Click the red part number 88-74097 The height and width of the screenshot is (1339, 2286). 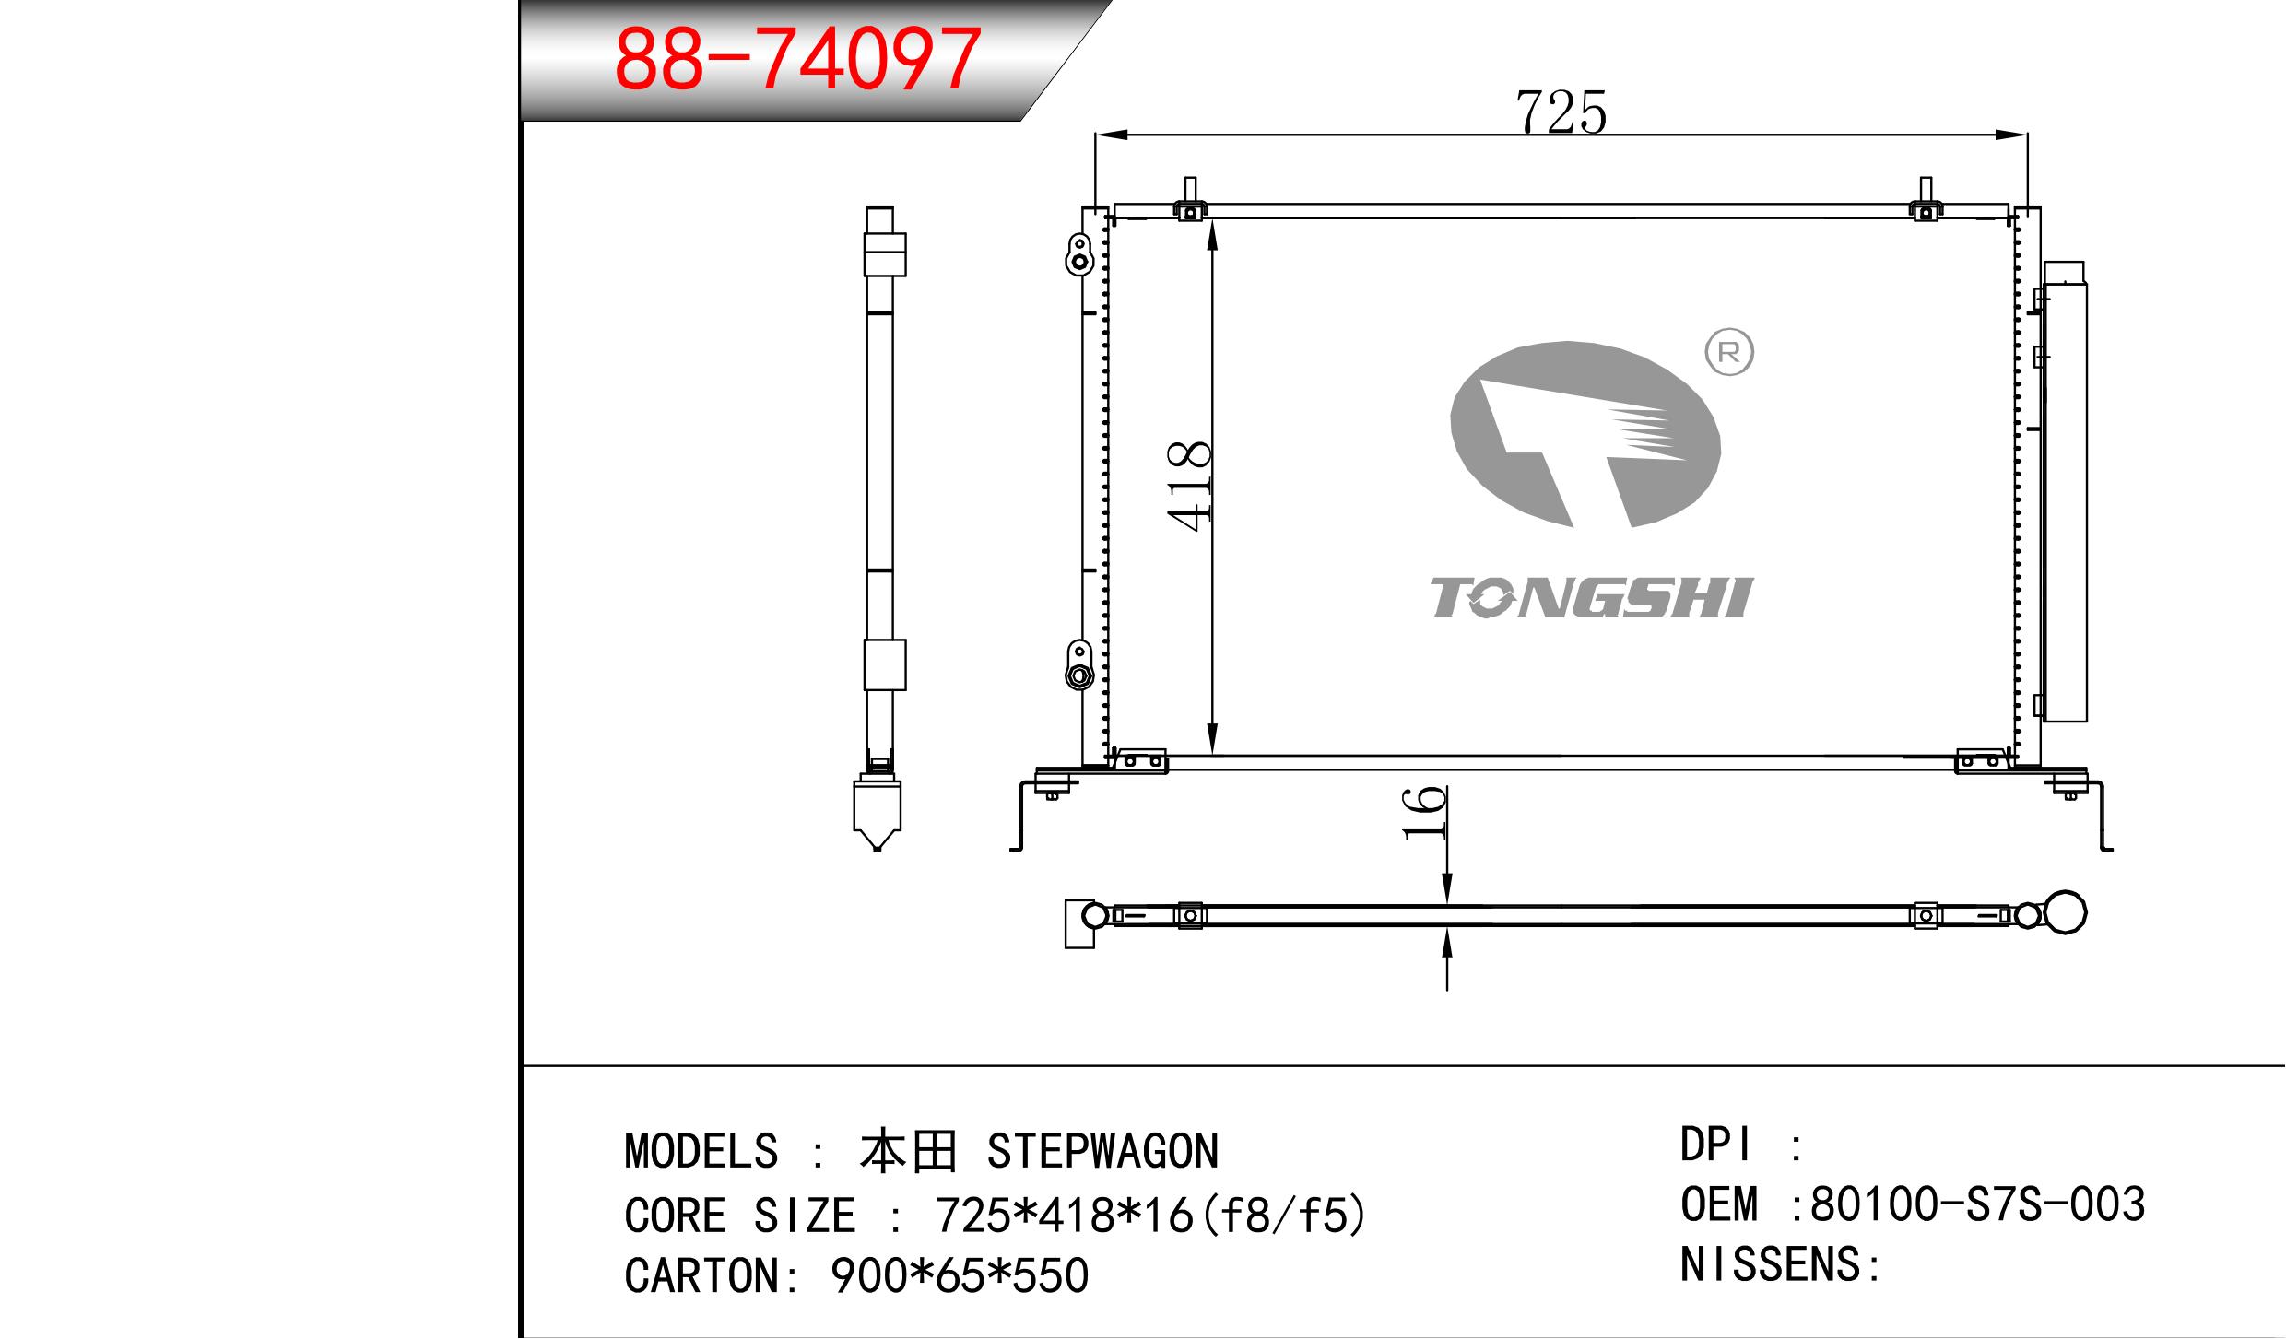coord(796,59)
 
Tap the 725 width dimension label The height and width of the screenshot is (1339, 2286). coord(1561,112)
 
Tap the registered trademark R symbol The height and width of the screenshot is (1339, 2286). coord(1729,353)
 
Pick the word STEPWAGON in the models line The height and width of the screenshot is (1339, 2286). coord(1102,1151)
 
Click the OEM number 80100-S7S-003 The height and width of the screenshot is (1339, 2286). coord(1978,1204)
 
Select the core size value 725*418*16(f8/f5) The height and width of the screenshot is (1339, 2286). coord(1149,1216)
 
